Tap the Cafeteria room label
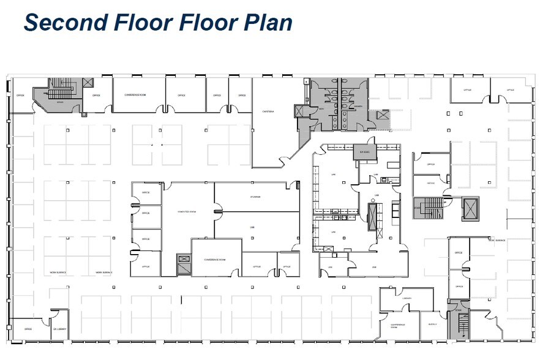click(268, 111)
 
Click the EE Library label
click(59, 329)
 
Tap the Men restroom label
click(320, 109)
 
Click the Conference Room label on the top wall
click(135, 95)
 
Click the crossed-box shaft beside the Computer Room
click(184, 264)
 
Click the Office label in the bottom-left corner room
click(28, 329)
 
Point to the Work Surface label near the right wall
click(495, 240)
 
